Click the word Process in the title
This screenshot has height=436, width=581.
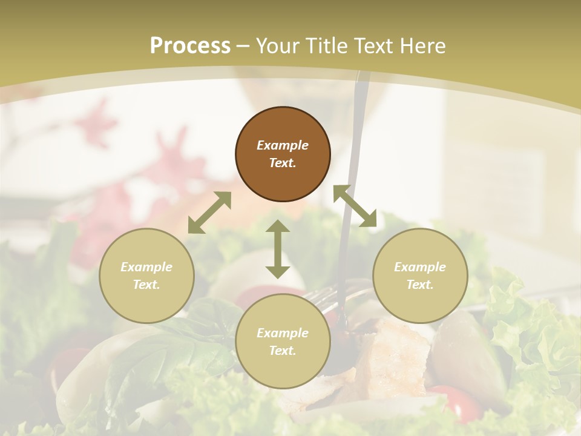[x=190, y=46]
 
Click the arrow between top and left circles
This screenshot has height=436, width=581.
[x=209, y=213]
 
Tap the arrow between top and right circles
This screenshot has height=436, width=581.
[x=355, y=206]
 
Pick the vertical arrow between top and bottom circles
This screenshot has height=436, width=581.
[x=278, y=249]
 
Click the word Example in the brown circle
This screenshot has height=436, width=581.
[x=283, y=145]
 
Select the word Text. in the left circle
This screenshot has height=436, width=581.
[x=146, y=285]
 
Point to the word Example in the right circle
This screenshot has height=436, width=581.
[x=420, y=267]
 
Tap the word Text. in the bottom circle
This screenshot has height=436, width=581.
[x=283, y=351]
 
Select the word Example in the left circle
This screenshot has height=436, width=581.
[x=146, y=267]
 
